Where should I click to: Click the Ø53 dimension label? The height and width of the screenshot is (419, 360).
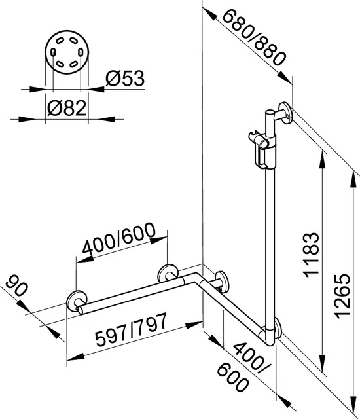pos(125,79)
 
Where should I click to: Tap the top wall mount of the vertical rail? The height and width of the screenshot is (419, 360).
pos(285,114)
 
